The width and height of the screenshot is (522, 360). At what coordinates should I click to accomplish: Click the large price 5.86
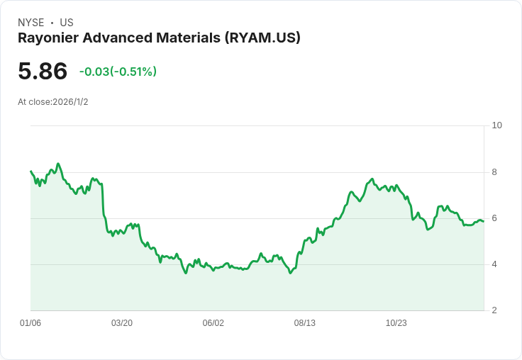(x=43, y=71)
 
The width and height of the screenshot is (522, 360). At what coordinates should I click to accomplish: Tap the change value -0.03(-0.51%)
(x=118, y=72)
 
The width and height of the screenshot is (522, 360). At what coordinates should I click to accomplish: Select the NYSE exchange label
(x=31, y=23)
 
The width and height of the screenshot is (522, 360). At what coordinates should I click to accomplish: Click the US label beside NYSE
(x=67, y=23)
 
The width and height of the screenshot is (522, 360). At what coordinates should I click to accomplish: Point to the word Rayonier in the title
(x=48, y=38)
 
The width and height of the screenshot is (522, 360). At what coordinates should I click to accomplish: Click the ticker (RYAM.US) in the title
(x=262, y=38)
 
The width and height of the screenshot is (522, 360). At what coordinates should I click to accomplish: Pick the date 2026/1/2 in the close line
(x=70, y=102)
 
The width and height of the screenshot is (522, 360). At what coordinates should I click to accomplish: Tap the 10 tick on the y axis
(x=496, y=125)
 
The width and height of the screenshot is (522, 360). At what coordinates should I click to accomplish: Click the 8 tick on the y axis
(x=494, y=172)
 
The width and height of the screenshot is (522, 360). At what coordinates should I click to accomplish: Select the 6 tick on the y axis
(x=494, y=218)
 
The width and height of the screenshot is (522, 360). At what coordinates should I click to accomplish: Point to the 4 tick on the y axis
(x=494, y=264)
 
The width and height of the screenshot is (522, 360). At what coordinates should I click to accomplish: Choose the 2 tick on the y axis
(x=494, y=310)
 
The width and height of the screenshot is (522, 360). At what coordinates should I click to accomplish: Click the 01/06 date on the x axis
(x=30, y=322)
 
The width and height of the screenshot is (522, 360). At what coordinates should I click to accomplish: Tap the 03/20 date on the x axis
(x=122, y=322)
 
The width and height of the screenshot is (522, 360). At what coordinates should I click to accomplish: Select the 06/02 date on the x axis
(x=213, y=322)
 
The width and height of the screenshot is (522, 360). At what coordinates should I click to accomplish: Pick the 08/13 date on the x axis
(x=304, y=322)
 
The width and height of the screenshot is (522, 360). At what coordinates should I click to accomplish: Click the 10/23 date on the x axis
(x=396, y=322)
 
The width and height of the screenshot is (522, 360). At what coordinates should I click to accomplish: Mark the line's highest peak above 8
(x=58, y=164)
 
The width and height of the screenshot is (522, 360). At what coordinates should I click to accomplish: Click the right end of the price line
(x=484, y=221)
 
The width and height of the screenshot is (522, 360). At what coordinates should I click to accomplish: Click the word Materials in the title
(x=188, y=38)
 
